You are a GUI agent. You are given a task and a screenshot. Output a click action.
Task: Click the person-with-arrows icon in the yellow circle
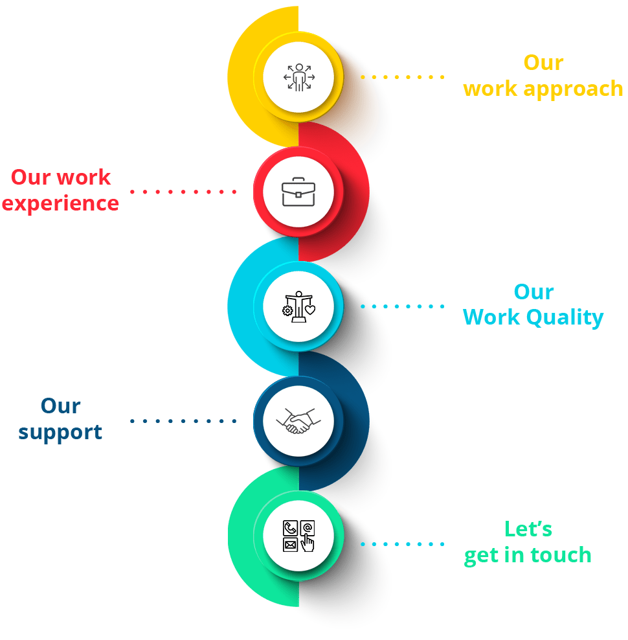coord(298,77)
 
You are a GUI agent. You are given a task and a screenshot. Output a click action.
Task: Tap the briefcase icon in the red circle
coord(298,192)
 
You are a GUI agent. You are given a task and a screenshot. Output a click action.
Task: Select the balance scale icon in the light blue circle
coord(298,306)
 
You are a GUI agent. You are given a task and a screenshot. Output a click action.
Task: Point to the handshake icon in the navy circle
coord(298,421)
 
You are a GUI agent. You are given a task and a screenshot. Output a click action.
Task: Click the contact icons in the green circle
coord(298,536)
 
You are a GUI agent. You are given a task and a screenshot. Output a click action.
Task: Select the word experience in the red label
coord(60,203)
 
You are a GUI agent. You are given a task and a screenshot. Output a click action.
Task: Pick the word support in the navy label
coord(60,432)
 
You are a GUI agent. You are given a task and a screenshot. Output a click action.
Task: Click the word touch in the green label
coord(561,555)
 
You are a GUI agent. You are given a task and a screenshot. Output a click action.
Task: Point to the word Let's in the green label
coord(528,529)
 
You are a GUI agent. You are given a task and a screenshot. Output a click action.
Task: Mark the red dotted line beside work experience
coord(183,192)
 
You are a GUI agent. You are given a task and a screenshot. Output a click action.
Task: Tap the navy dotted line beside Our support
coord(183,421)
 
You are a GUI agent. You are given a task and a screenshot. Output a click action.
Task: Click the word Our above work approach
coord(544,63)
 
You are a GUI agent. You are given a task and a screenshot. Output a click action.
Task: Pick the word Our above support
coord(60,406)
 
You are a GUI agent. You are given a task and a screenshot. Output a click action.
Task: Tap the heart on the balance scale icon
coord(310,310)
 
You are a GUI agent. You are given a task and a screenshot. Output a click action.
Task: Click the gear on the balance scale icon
coord(287,311)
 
